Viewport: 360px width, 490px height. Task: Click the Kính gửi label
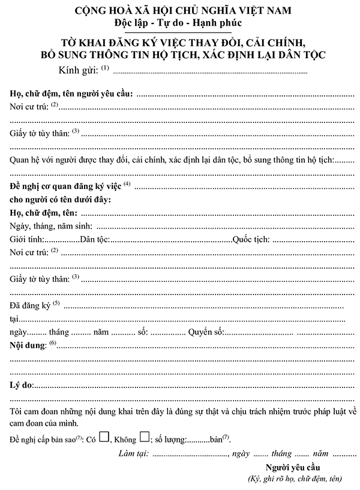click(79, 71)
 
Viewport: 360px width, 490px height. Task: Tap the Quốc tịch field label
click(251, 240)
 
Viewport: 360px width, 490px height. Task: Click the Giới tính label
click(27, 240)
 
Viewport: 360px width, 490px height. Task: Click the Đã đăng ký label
click(31, 306)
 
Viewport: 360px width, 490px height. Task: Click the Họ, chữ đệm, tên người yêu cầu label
click(72, 94)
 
